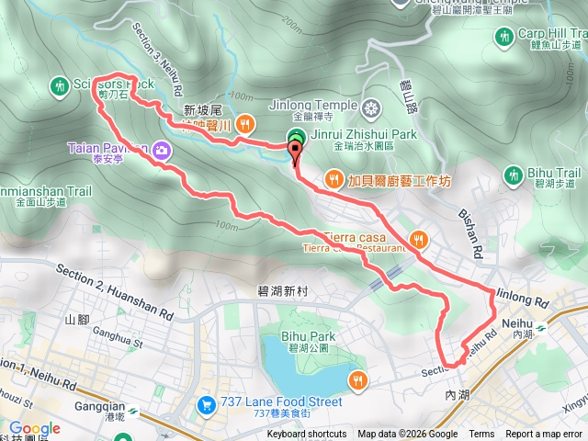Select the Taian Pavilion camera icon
point(162,149)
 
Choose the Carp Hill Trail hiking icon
point(503,37)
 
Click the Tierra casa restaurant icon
point(418,239)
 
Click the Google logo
point(34,428)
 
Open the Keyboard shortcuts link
point(307,435)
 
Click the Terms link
point(481,435)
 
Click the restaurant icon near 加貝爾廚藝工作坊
point(334,178)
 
